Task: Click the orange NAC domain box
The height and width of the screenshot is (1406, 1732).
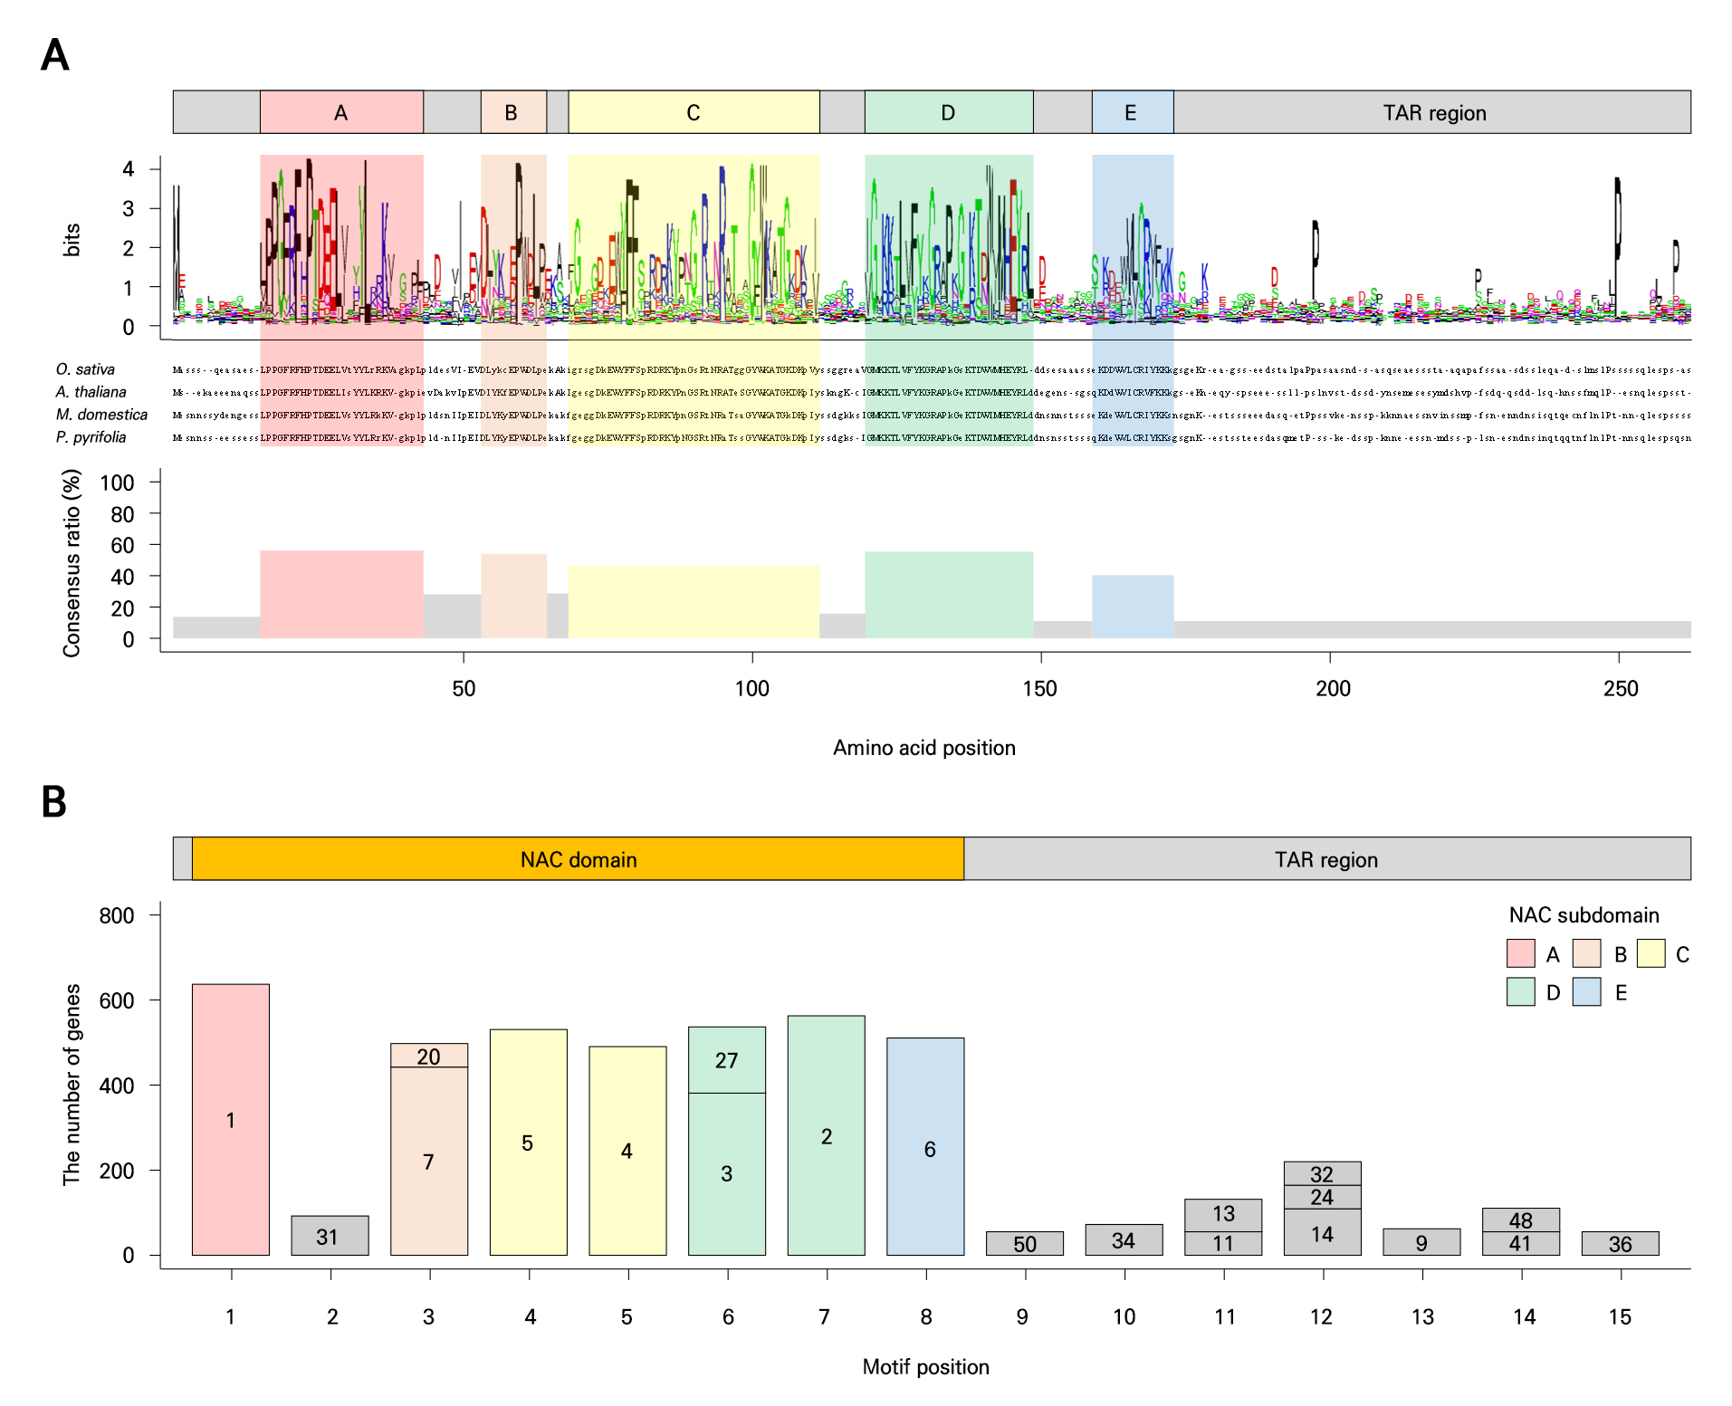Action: point(578,858)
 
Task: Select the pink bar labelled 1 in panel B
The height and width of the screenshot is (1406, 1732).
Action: point(230,1119)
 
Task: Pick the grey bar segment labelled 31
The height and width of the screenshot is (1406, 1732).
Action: point(330,1236)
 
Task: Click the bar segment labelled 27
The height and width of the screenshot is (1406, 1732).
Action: point(726,1060)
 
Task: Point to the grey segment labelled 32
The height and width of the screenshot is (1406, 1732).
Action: point(1322,1173)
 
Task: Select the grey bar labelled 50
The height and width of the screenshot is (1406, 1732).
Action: point(1024,1243)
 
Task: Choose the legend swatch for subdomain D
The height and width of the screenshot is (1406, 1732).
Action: point(1520,992)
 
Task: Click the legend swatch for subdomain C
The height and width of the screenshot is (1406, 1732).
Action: point(1651,953)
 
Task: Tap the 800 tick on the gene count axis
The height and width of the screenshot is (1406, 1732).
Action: point(117,915)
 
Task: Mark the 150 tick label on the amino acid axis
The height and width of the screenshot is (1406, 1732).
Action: point(1040,689)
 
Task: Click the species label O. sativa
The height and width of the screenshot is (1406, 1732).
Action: point(85,369)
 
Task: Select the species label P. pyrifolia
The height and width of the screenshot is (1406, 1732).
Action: point(91,437)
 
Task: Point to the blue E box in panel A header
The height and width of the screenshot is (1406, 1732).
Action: point(1132,112)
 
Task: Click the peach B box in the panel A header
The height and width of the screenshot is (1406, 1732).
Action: point(512,112)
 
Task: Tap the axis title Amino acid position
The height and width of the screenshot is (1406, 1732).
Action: point(923,748)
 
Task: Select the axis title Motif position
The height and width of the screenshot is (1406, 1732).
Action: point(925,1367)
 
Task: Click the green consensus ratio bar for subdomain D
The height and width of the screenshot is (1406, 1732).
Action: point(948,595)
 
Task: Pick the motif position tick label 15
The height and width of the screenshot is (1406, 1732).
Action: point(1620,1317)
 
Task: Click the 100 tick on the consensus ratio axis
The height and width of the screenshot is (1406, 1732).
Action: point(118,483)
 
